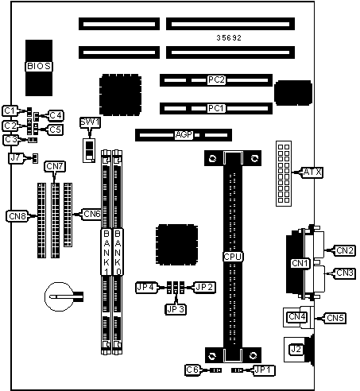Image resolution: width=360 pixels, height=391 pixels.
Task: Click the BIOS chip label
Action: (x=39, y=66)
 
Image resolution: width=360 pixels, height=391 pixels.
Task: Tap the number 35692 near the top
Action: (x=229, y=38)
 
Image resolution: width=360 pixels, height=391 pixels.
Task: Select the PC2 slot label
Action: (x=216, y=79)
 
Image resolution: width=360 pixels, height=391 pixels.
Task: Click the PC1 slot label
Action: (x=216, y=108)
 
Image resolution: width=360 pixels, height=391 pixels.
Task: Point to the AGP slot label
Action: (x=184, y=135)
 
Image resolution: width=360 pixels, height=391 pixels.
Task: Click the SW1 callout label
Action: (x=90, y=122)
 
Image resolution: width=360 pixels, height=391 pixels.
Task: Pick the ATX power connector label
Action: (x=312, y=172)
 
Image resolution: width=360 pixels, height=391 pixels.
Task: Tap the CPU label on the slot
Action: (x=233, y=257)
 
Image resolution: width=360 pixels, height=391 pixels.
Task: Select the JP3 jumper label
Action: (x=176, y=309)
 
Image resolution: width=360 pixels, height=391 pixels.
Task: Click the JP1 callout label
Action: (x=264, y=370)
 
